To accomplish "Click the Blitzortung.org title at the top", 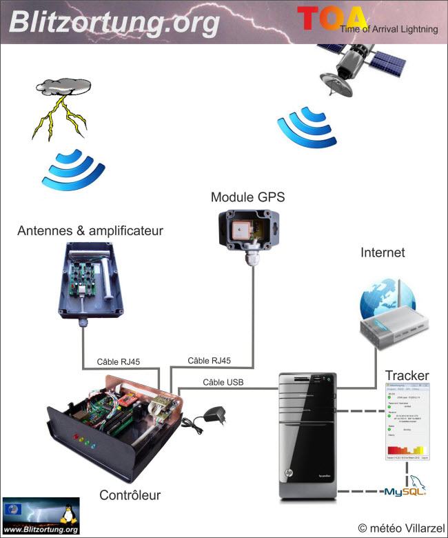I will click(x=114, y=22).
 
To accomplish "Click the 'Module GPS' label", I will click(x=247, y=197).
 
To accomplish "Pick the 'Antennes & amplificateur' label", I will click(x=90, y=230).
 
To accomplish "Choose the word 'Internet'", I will click(x=383, y=253).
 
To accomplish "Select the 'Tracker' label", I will click(x=407, y=375).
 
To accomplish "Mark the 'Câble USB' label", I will click(x=223, y=381).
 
